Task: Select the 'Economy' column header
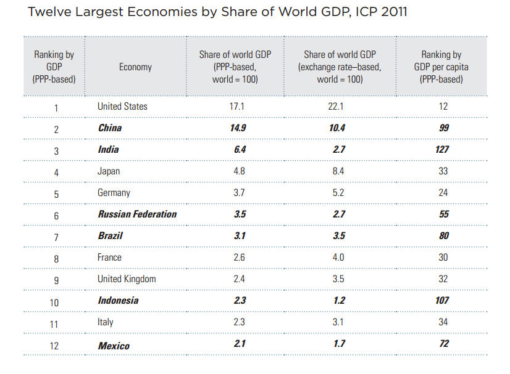pos(135,67)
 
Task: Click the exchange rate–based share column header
pos(340,67)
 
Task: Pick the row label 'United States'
pos(122,107)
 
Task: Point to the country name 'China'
pos(110,128)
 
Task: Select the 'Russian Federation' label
pos(137,214)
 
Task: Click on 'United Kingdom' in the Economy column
pos(127,279)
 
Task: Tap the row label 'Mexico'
pos(114,346)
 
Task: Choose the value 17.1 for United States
pos(236,107)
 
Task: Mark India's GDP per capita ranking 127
pos(441,150)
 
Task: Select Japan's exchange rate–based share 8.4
pos(338,171)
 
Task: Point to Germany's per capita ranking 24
pos(443,193)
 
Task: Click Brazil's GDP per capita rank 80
pos(443,236)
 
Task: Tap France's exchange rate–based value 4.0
pos(338,258)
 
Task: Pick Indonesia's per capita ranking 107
pos(441,301)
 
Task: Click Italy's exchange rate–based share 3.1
pos(338,322)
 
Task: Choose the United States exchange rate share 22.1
pos(338,107)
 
